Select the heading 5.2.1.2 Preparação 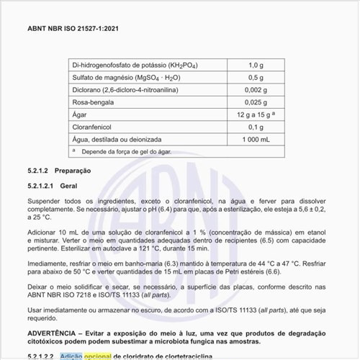point(58,171)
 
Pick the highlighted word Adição point(71,356)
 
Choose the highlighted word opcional point(98,356)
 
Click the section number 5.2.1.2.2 point(41,356)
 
